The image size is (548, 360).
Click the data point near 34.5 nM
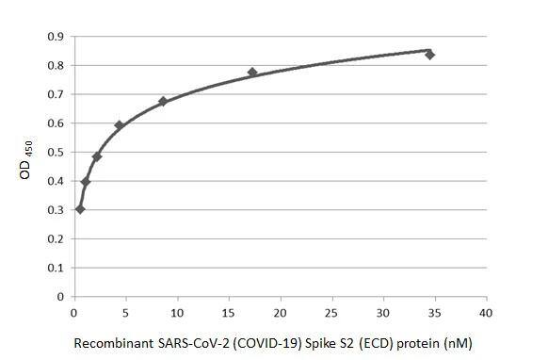pyautogui.click(x=429, y=55)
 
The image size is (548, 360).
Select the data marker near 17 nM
pyautogui.click(x=252, y=73)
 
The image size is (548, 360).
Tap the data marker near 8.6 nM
pyautogui.click(x=163, y=101)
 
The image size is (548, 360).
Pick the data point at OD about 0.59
pyautogui.click(x=120, y=125)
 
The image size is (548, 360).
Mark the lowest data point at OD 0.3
pyautogui.click(x=80, y=209)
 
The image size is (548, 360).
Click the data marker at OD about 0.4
pyautogui.click(x=86, y=182)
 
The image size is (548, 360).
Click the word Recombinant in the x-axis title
pyautogui.click(x=111, y=343)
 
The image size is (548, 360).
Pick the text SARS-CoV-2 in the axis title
pyautogui.click(x=184, y=343)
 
